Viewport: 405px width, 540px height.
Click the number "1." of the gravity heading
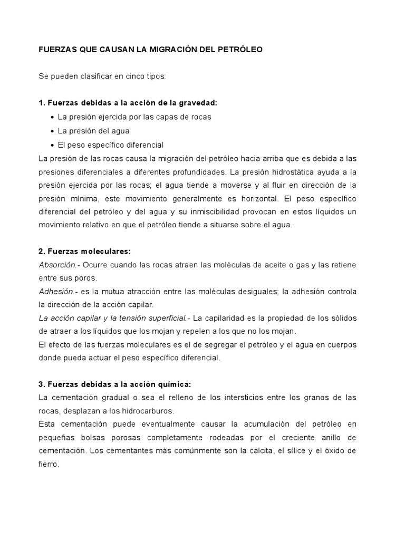42,103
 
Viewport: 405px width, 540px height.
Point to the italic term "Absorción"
56,265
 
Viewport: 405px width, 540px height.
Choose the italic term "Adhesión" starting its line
55,292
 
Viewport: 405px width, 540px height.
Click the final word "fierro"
49,465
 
